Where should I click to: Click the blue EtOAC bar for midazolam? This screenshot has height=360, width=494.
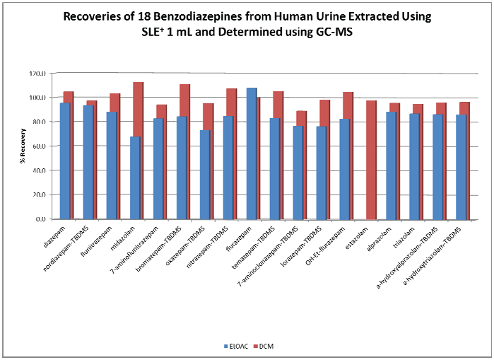tap(135, 178)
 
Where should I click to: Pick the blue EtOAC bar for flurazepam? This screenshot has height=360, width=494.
tap(251, 153)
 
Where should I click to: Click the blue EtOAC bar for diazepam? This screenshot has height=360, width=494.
tap(65, 161)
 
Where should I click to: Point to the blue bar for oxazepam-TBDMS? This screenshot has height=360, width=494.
tap(204, 174)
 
